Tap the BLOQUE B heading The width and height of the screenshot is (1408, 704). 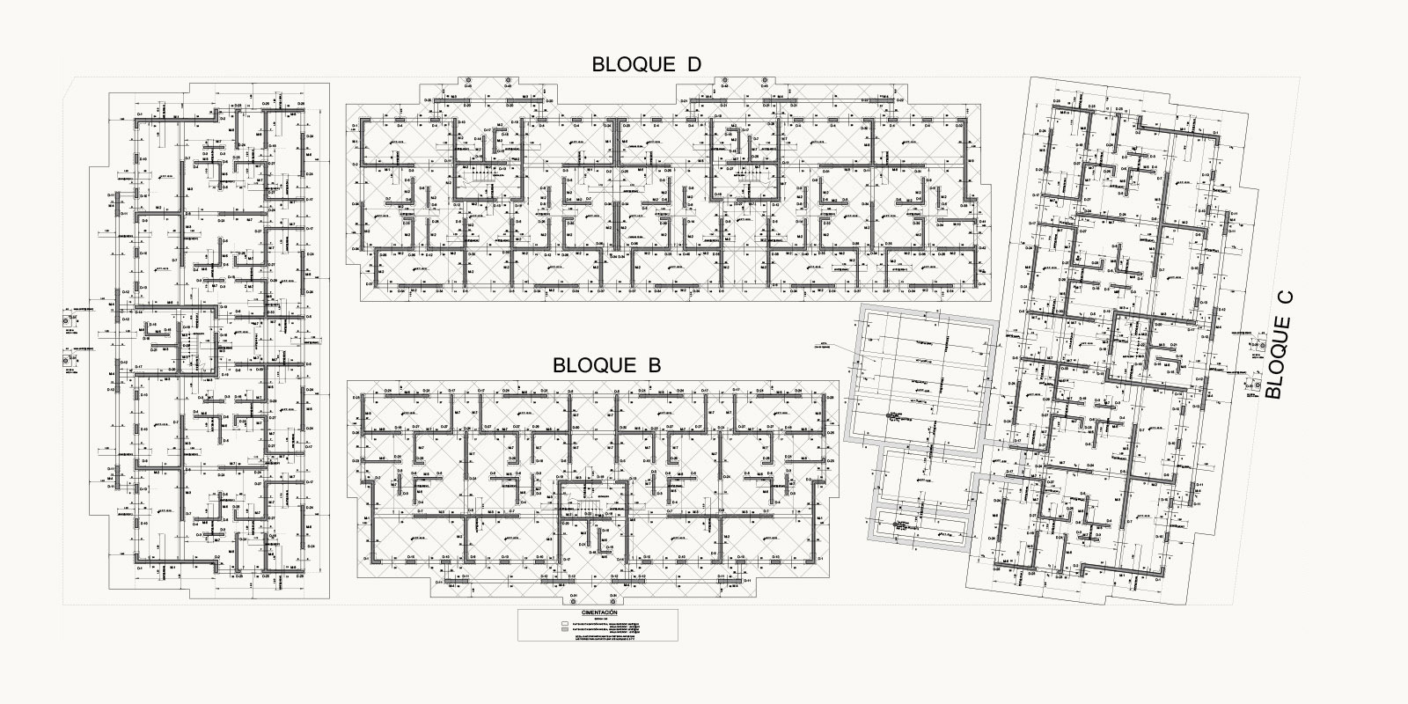(606, 364)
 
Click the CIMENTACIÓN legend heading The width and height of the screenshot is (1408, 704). (599, 612)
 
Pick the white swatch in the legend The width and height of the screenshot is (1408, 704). (564, 623)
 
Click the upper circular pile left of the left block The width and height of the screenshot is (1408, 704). (68, 322)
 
